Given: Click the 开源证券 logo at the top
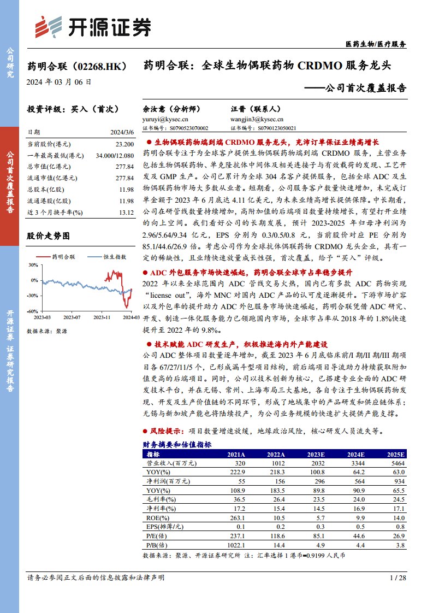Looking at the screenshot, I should [x=92, y=26].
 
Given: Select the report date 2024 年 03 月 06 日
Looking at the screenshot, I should [x=59, y=82].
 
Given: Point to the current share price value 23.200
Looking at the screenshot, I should [x=124, y=144].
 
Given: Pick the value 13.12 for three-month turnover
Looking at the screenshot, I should [x=126, y=212].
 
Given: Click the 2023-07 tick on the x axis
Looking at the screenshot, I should [x=72, y=317].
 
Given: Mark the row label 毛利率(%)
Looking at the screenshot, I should [x=161, y=499].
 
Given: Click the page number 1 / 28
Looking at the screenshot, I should [x=399, y=577].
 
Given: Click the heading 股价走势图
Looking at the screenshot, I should [x=49, y=236].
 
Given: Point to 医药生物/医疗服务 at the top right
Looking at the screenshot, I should [x=376, y=44].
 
